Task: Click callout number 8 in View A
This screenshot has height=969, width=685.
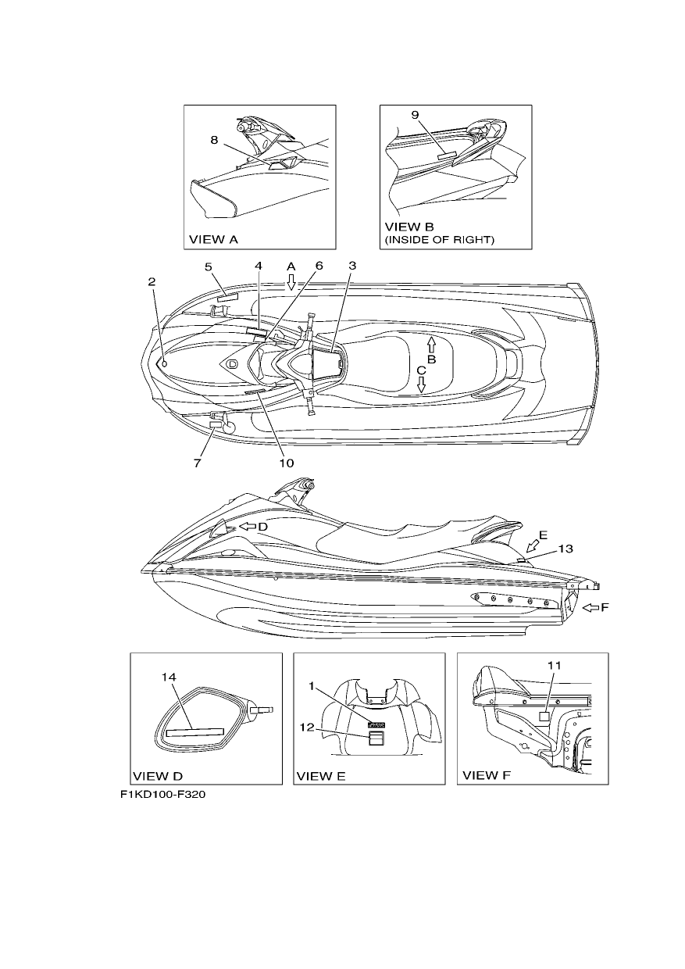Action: (x=214, y=141)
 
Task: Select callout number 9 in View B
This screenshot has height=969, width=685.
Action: (x=415, y=115)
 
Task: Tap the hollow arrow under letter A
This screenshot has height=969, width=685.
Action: (x=291, y=281)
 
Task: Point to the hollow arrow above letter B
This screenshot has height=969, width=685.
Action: (x=430, y=345)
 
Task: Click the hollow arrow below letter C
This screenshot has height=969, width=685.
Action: (x=421, y=384)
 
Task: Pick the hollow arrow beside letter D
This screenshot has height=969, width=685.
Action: (x=248, y=527)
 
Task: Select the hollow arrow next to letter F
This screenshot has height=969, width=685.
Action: (x=590, y=608)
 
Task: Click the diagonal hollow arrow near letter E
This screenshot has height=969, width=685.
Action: (x=533, y=546)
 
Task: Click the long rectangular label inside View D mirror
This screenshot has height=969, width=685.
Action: (x=195, y=732)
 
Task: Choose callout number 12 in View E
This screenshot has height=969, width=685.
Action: (x=307, y=728)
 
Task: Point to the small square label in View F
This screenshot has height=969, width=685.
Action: (x=544, y=716)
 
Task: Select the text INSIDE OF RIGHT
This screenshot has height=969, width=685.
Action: (x=440, y=239)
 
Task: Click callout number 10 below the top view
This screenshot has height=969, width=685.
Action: (x=287, y=463)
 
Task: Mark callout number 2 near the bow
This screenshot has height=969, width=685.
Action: (x=152, y=282)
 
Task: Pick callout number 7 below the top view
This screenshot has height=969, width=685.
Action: (x=197, y=463)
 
